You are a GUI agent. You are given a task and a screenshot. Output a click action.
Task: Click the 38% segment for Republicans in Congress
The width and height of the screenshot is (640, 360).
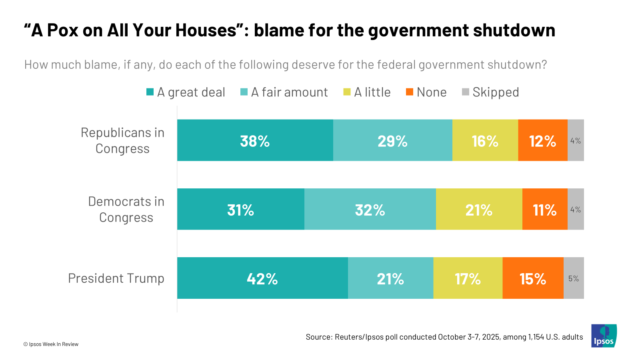pos(255,140)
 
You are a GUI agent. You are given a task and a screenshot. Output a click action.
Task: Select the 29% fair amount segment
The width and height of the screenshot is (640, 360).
pos(392,140)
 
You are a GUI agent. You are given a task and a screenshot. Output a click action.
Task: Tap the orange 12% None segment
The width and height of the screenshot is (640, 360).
pos(542,140)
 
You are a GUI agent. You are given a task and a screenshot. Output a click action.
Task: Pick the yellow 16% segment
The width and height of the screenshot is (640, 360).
pos(485,140)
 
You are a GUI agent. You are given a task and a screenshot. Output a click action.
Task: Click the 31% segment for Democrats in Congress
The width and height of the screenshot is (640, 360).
pos(240,209)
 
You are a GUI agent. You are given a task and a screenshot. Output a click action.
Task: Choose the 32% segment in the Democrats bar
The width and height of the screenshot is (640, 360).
pos(370,209)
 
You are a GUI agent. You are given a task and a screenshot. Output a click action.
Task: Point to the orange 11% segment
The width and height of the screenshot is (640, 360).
pos(544,209)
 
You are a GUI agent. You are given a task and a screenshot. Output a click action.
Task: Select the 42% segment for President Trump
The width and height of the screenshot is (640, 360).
pos(262,278)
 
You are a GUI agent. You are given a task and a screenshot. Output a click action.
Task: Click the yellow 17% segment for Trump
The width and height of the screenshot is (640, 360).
pos(468,278)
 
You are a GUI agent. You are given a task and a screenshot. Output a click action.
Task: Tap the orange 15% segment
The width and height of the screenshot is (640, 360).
pos(533,278)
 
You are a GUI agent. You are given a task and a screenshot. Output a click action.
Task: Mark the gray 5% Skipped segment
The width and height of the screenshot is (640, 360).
pos(574,278)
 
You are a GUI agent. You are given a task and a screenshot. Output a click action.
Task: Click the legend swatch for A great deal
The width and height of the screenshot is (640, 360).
pos(150,92)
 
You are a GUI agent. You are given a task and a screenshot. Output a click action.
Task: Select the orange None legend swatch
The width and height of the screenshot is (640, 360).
pos(410,92)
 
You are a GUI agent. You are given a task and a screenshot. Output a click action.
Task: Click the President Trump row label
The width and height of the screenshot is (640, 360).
pos(116,278)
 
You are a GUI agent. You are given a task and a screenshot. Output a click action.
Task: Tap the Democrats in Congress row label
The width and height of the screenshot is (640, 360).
pos(126,209)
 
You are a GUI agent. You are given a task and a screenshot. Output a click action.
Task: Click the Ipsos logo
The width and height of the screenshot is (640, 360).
pos(604,336)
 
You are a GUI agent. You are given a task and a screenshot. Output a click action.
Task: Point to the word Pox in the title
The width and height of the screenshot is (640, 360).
pos(62,30)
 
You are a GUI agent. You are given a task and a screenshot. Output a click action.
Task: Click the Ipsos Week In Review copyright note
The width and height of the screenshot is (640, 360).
pos(51,344)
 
